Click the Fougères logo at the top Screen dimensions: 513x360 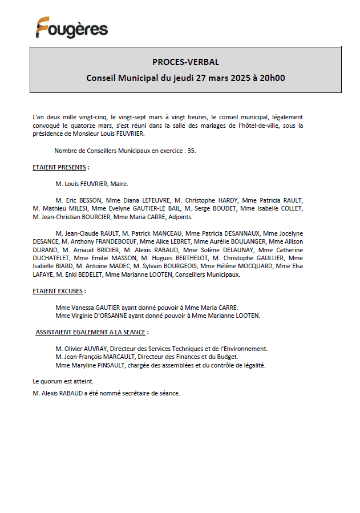click(72, 28)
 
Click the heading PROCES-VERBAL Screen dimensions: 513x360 click(185, 62)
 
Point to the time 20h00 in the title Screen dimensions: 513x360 click(272, 78)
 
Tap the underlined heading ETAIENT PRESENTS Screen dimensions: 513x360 click(59, 167)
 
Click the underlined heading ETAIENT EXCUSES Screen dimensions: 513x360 click(58, 291)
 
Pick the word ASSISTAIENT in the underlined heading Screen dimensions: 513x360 click(54, 332)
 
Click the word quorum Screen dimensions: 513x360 click(52, 381)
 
